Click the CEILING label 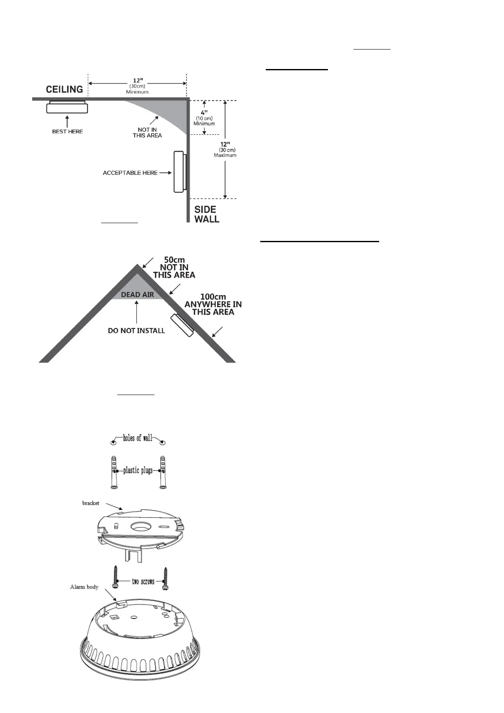click(64, 89)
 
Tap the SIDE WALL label click(207, 214)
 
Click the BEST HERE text click(67, 132)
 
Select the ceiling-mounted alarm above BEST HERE click(67, 107)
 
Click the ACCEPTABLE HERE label click(130, 173)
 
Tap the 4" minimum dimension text click(204, 113)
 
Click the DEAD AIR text click(137, 295)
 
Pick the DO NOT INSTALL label click(136, 331)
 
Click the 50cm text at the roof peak click(174, 260)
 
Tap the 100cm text click(213, 297)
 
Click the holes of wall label click(138, 438)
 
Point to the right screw click(165, 578)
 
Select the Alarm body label click(84, 587)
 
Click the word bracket click(91, 503)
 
